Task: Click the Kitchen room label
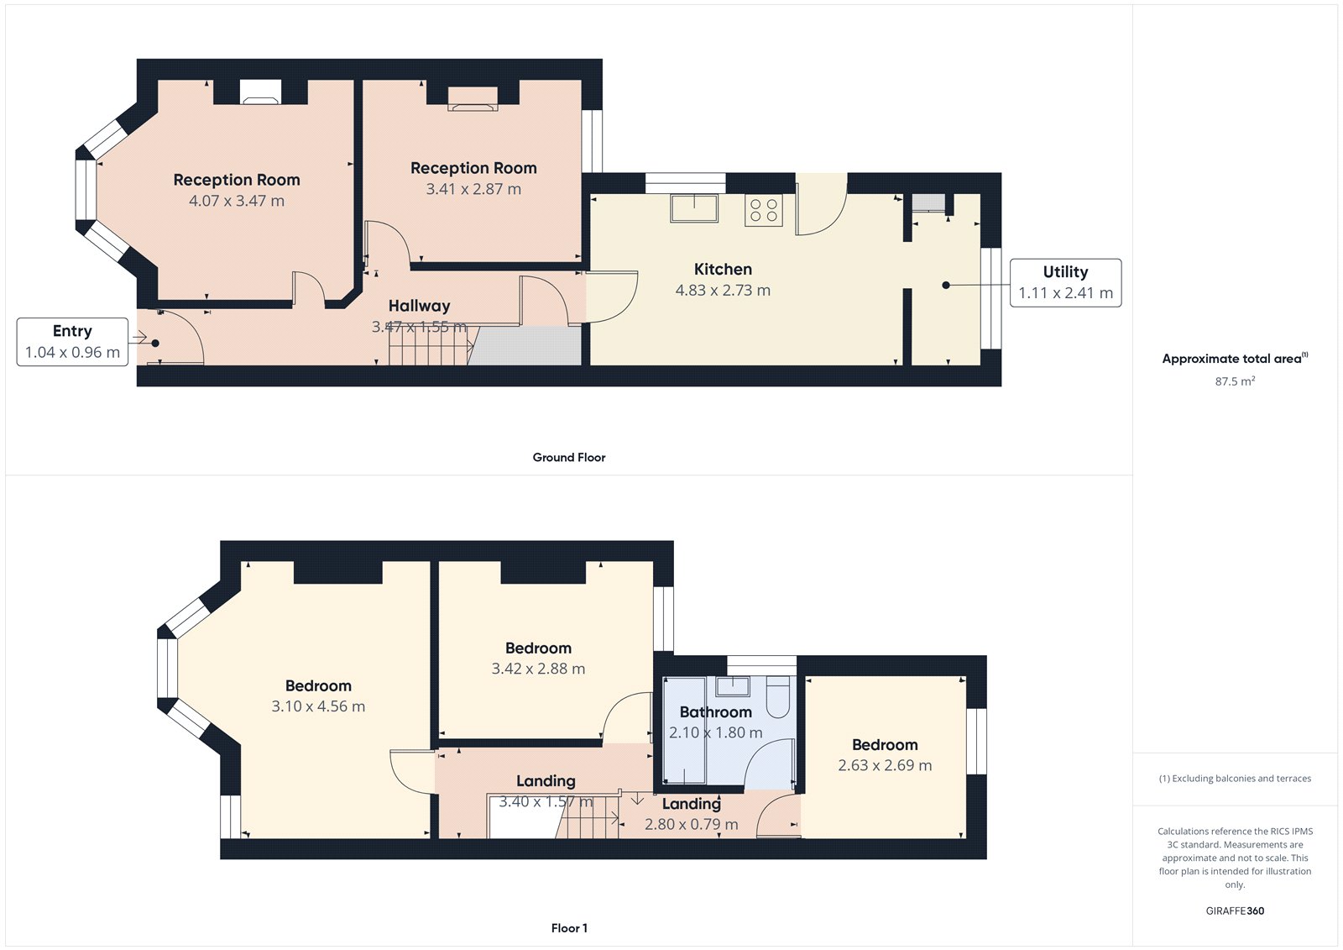[723, 270]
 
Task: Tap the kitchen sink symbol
[693, 207]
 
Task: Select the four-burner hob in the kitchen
[763, 210]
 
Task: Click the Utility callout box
[1065, 283]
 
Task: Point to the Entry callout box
[72, 342]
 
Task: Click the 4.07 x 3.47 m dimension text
[237, 202]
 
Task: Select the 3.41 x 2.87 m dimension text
[473, 190]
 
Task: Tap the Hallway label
[419, 307]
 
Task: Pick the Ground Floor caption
[568, 458]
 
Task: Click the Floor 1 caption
[569, 928]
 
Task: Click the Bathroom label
[715, 712]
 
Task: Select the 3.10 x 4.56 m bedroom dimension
[318, 707]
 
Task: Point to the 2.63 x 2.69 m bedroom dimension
[885, 766]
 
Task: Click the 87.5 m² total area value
[1235, 381]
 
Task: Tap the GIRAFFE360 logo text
[1235, 911]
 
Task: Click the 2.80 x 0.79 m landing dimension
[691, 825]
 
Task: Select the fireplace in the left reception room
[260, 92]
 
